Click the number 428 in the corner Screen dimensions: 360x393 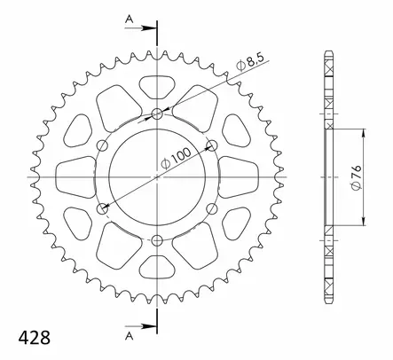click(25, 339)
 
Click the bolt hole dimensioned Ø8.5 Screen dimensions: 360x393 click(158, 113)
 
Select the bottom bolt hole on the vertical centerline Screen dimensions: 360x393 click(158, 241)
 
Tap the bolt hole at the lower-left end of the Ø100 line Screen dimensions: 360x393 click(103, 209)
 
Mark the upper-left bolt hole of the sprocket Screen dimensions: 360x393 click(103, 145)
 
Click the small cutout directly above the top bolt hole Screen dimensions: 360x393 click(158, 87)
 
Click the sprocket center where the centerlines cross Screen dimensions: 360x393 click(158, 177)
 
